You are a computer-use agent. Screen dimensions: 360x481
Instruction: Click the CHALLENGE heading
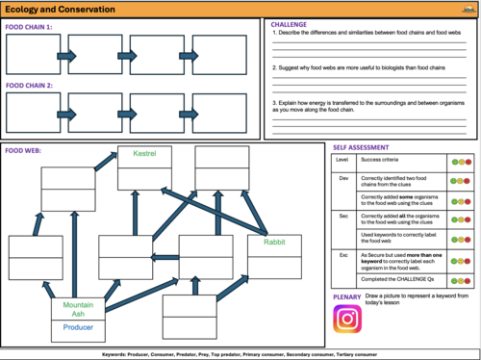tap(290, 23)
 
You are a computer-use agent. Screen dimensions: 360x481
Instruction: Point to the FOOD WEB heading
tap(23, 150)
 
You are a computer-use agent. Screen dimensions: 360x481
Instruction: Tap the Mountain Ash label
tap(78, 310)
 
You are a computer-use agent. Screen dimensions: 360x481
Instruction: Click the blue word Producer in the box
tap(78, 327)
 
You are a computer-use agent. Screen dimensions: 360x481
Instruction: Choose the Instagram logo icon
tap(347, 319)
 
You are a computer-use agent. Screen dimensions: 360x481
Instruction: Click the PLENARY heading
tap(348, 296)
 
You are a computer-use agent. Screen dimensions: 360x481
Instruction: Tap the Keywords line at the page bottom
tap(240, 354)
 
